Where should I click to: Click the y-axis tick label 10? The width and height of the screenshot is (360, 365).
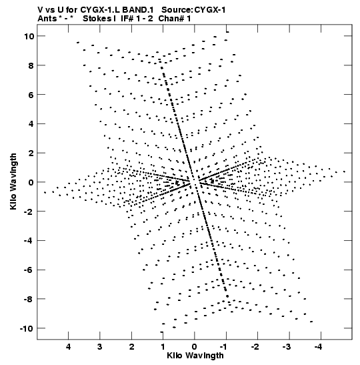point(29,36)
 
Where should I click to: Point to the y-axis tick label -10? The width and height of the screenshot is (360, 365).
point(27,328)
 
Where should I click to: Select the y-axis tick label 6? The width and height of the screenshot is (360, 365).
point(31,95)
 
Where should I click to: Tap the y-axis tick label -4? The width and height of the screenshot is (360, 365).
point(29,240)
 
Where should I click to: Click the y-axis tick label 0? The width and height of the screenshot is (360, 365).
point(31,182)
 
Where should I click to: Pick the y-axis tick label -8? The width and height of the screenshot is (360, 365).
point(29,299)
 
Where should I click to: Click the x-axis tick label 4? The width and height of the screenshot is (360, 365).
point(68,347)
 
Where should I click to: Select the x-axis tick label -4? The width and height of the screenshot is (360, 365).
point(319,347)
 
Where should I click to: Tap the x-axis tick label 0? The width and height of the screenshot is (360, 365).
point(195,347)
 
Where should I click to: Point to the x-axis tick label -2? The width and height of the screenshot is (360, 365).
point(255,347)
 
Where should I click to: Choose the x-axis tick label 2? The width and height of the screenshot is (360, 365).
point(131,347)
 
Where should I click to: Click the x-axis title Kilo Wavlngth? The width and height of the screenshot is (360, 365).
point(195,356)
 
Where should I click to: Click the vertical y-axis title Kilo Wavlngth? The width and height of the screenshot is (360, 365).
point(13,181)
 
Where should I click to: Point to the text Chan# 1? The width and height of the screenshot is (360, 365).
point(175,19)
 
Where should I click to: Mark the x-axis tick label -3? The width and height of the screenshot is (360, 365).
point(287,347)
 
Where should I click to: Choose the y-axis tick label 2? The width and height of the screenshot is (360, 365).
point(31,153)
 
